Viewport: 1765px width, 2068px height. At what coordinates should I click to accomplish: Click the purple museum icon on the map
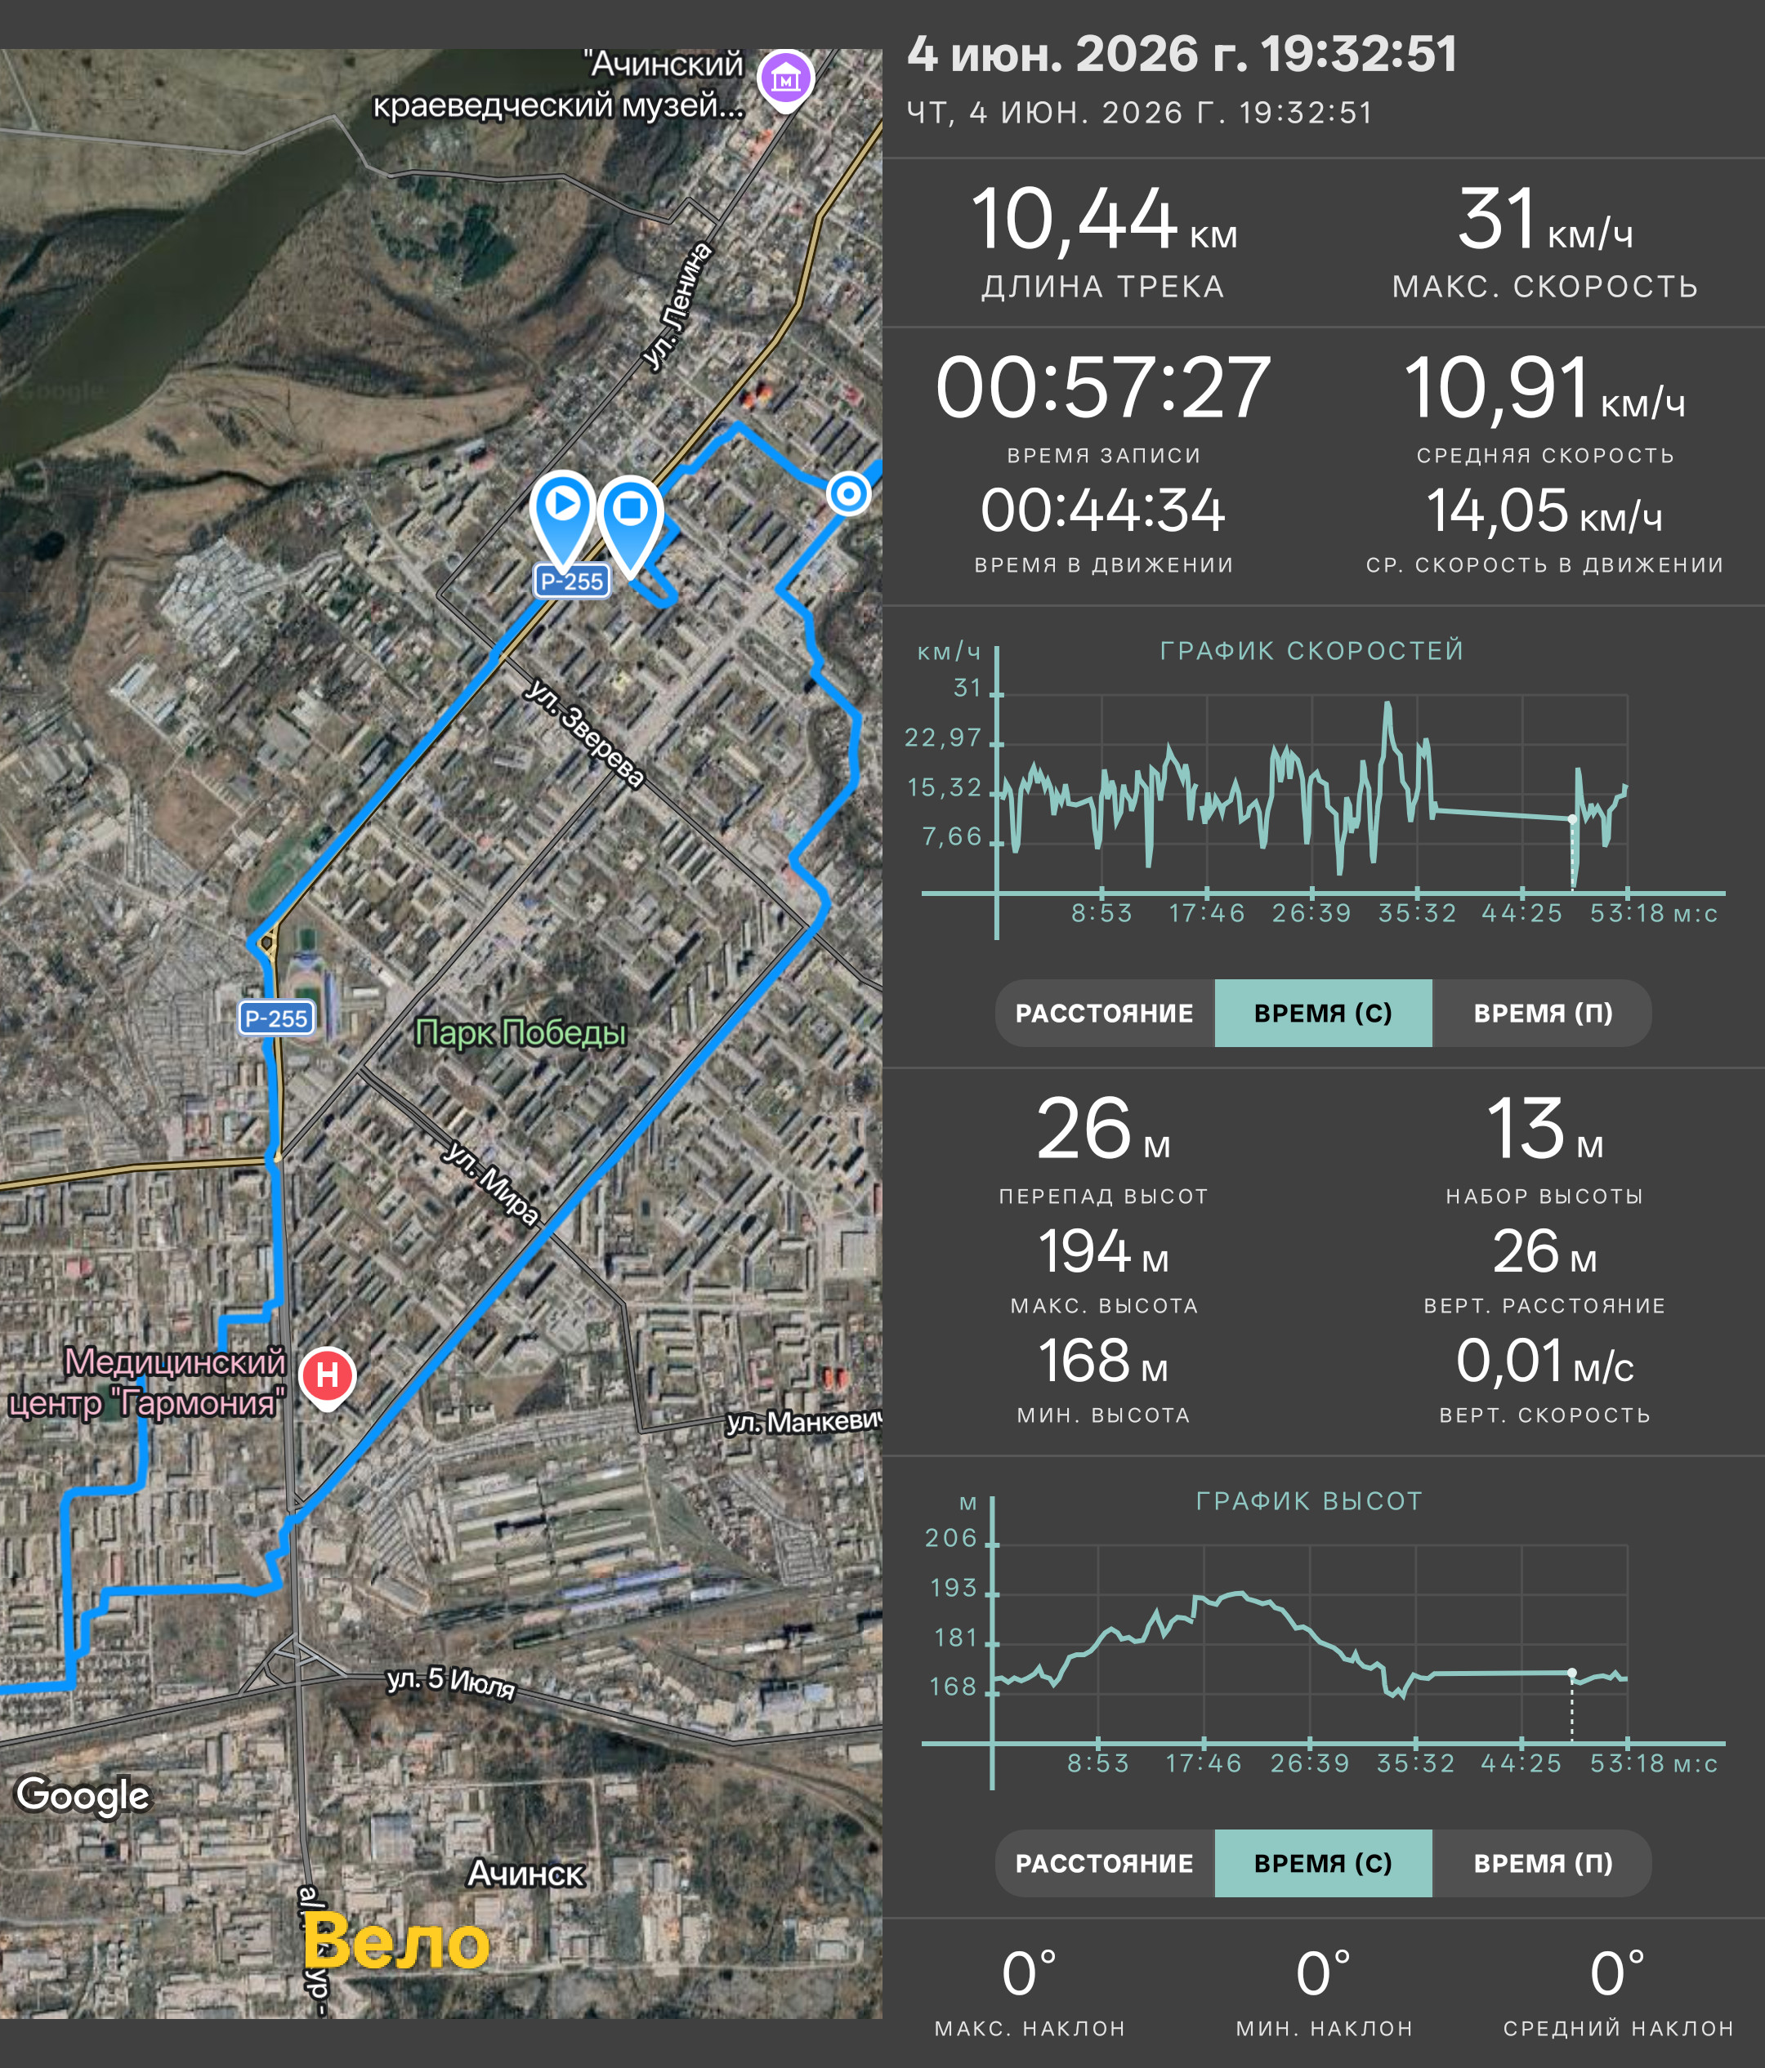coord(785,79)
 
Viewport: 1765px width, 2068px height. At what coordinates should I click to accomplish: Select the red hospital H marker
coord(328,1377)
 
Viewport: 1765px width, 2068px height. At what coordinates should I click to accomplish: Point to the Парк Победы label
coord(521,1032)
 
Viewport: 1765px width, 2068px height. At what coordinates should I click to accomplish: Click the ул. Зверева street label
coord(585,733)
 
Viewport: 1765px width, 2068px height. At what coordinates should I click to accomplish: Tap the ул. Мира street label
coord(491,1183)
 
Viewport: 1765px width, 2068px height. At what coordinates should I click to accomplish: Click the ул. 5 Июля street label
coord(451,1682)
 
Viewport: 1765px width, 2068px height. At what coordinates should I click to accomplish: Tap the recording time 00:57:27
coord(1103,387)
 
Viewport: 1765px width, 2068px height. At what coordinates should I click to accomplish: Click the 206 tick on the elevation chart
coord(950,1538)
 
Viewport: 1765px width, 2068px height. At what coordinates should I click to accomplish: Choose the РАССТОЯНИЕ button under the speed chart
coord(1104,1013)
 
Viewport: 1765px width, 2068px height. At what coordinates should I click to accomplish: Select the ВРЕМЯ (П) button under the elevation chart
coord(1543,1863)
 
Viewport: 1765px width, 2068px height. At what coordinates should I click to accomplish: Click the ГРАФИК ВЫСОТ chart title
coord(1309,1501)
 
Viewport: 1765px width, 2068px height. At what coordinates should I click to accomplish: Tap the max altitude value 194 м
coord(1103,1251)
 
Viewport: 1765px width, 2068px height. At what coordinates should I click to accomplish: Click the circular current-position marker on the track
coord(848,493)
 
